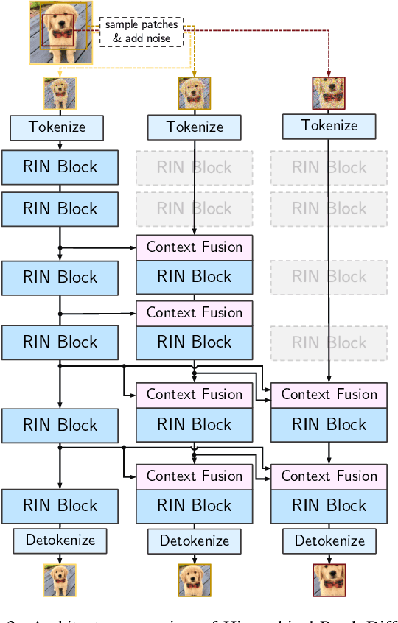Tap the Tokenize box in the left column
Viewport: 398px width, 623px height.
[x=57, y=127]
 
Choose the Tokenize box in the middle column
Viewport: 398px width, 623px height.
[x=195, y=127]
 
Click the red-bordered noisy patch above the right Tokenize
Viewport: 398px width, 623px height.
[x=329, y=93]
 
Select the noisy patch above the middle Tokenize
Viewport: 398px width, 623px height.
[x=195, y=94]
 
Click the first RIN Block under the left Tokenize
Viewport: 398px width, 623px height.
[x=60, y=167]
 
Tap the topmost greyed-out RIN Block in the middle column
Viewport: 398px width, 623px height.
[x=195, y=167]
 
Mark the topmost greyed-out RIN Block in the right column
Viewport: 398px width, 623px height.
[x=329, y=167]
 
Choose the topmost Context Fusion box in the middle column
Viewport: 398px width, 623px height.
[x=195, y=247]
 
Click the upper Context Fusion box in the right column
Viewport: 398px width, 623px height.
[x=329, y=395]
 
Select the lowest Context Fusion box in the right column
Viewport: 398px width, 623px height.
[x=329, y=476]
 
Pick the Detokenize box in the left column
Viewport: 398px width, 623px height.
[x=60, y=541]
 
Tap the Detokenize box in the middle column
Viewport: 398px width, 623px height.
[x=195, y=541]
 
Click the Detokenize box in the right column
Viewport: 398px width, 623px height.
[x=329, y=541]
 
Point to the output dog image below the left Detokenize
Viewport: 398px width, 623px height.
[x=60, y=580]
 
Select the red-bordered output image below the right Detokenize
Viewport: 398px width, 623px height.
[x=329, y=580]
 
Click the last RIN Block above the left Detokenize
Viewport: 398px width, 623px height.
[x=60, y=506]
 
